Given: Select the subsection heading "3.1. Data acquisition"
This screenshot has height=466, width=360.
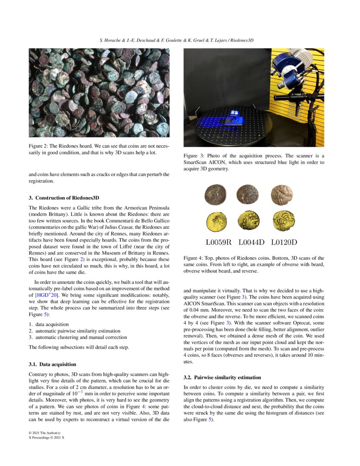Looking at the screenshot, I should pyautogui.click(x=53, y=364).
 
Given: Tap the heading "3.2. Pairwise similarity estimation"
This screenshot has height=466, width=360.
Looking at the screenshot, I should pyautogui.click(x=222, y=377).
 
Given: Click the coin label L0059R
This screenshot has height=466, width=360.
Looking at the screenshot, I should pyautogui.click(x=219, y=243).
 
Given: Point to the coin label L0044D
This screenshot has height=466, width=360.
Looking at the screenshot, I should pyautogui.click(x=251, y=243).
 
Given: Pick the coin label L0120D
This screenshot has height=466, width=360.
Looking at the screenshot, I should pyautogui.click(x=284, y=243).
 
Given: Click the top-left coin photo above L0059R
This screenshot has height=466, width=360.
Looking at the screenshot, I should pyautogui.click(x=215, y=194).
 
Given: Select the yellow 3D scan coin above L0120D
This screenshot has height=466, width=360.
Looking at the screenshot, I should pyautogui.click(x=282, y=221).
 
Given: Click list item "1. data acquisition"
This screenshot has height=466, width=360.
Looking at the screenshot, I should pyautogui.click(x=49, y=324).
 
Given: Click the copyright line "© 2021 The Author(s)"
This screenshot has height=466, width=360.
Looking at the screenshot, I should pyautogui.click(x=47, y=433).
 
